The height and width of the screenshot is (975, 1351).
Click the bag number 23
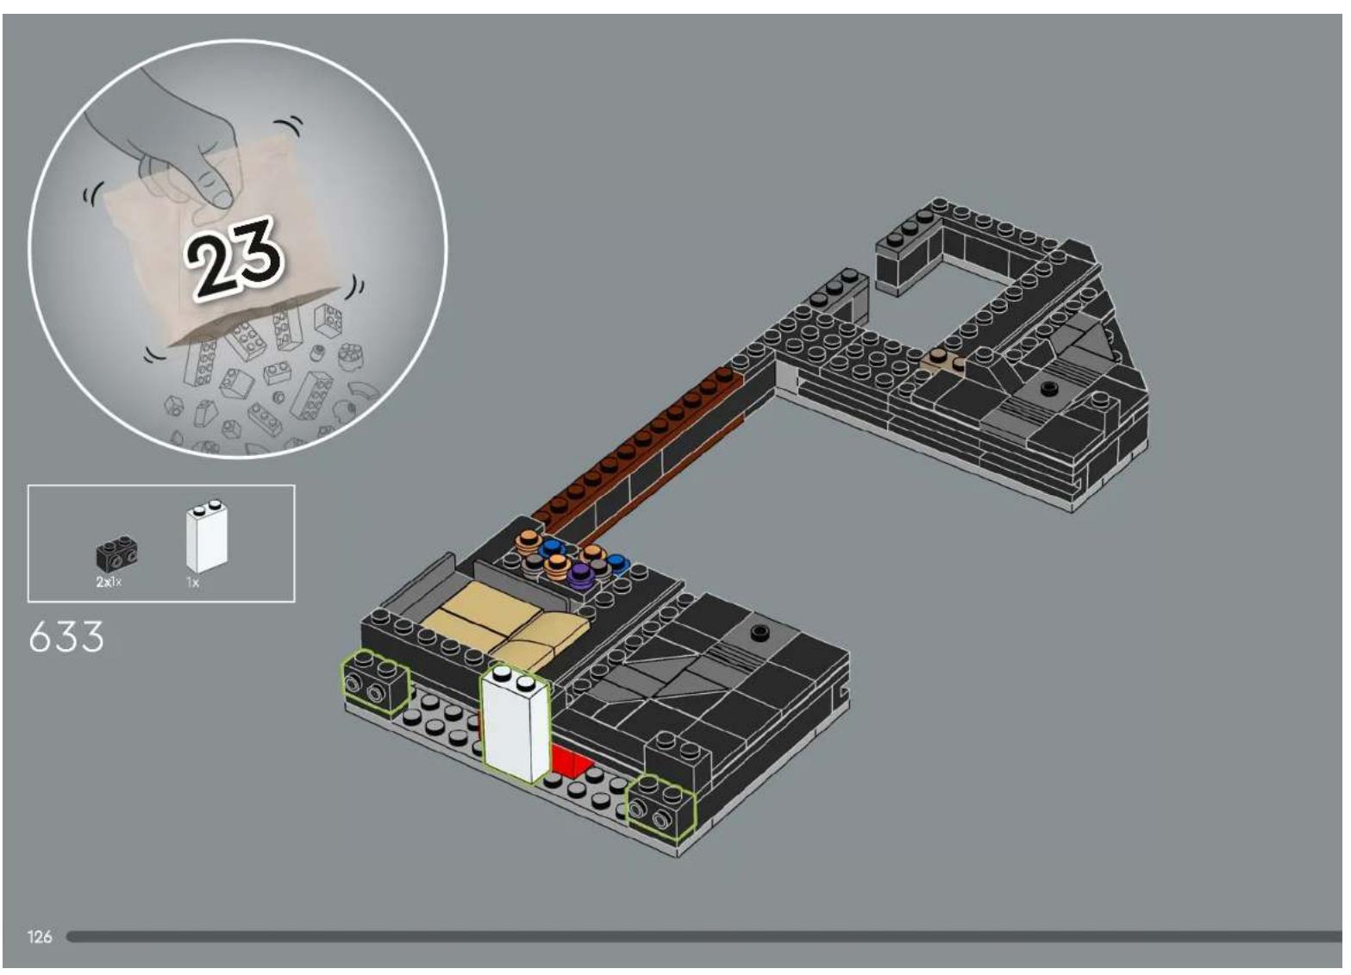click(234, 258)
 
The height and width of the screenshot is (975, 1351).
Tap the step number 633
click(66, 637)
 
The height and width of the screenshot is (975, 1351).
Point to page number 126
click(40, 936)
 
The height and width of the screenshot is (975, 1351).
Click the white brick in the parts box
click(208, 536)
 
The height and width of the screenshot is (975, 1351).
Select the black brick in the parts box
click(116, 553)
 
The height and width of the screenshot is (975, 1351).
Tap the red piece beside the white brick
click(569, 760)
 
